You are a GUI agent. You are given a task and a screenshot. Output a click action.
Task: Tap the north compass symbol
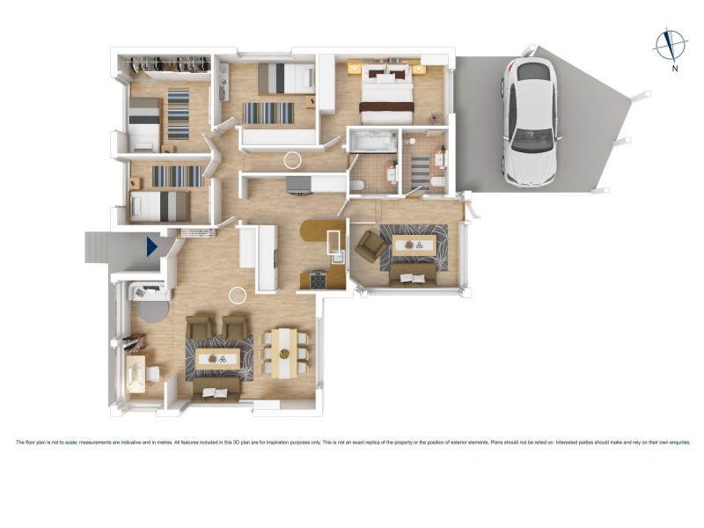point(671,44)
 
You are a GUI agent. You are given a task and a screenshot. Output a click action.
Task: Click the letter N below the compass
point(674,68)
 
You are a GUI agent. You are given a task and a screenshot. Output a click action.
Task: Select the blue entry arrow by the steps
point(153,246)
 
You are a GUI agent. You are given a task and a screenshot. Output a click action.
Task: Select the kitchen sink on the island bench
point(335,243)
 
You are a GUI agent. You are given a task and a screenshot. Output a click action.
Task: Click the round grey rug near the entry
point(151,311)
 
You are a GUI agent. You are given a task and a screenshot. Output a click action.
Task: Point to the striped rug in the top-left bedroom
point(179,114)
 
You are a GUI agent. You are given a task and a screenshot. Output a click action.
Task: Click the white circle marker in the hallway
point(292,159)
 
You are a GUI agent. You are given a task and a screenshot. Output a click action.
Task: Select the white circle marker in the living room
point(237,296)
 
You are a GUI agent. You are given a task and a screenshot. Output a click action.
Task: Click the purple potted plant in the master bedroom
point(433,117)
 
